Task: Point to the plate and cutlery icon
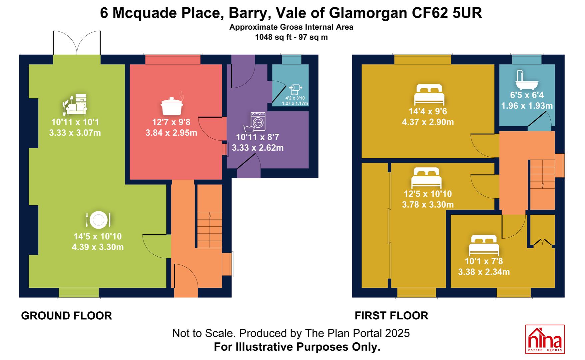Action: click(x=98, y=220)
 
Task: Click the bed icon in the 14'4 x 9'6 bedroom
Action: click(x=429, y=95)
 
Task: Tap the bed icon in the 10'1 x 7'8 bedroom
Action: click(x=484, y=246)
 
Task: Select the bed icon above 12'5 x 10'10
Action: click(x=426, y=178)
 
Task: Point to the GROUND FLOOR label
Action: click(x=67, y=316)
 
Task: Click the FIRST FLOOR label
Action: click(x=391, y=316)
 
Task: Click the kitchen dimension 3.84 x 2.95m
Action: click(x=171, y=133)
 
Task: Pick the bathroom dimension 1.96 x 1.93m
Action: click(x=527, y=106)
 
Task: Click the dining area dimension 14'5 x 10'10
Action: click(x=98, y=237)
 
